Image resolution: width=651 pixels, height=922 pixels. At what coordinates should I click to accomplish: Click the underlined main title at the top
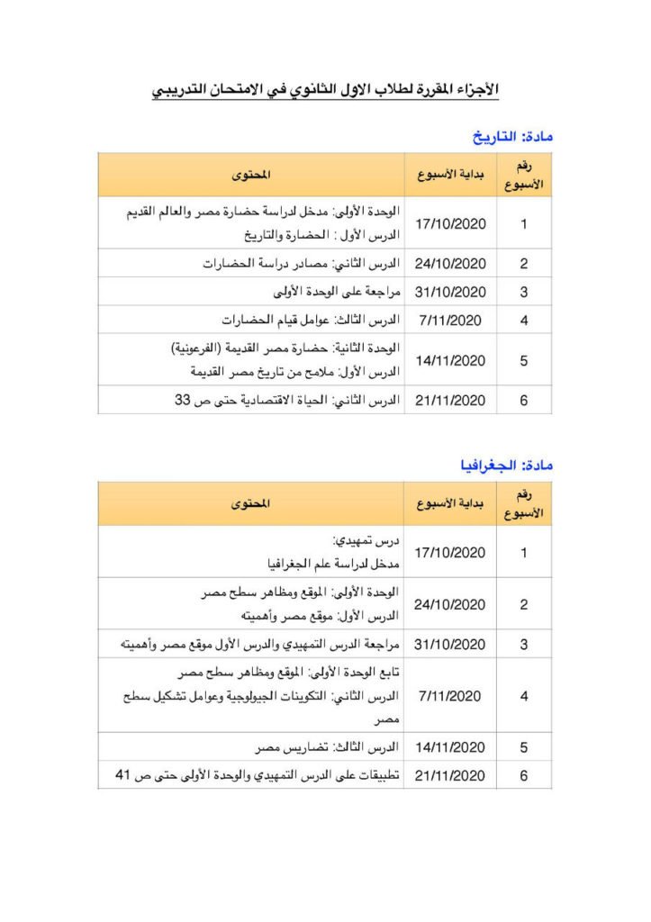(325, 91)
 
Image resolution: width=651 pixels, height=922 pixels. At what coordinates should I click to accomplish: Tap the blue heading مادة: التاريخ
(512, 137)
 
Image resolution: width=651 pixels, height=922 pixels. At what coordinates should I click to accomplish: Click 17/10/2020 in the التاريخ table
(450, 223)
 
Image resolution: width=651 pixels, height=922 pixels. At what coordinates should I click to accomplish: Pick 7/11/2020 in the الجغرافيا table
(450, 696)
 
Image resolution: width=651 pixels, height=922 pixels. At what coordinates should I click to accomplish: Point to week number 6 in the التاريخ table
(524, 400)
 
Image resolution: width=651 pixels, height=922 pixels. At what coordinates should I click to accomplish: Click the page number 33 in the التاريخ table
(184, 400)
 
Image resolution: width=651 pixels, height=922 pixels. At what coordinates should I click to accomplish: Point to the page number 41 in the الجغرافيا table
(124, 774)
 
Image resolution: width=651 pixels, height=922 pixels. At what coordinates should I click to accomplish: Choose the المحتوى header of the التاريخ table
(251, 174)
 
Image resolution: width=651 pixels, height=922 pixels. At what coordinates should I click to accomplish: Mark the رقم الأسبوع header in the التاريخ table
(524, 174)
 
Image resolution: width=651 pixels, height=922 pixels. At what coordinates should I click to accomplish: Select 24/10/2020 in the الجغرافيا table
(450, 604)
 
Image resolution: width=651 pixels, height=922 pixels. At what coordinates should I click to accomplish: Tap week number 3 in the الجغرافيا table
(524, 645)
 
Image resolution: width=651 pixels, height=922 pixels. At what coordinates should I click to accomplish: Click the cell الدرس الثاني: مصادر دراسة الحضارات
(301, 264)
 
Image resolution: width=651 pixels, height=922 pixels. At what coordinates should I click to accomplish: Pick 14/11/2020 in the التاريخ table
(450, 360)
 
